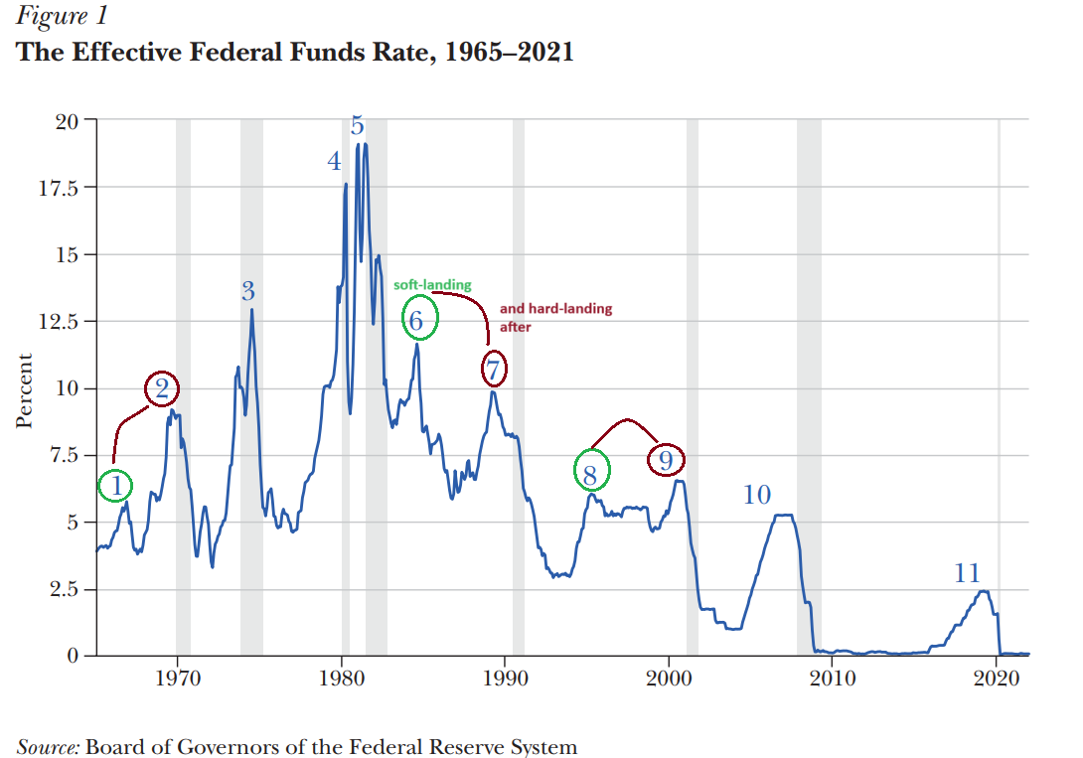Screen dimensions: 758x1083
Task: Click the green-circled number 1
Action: (116, 487)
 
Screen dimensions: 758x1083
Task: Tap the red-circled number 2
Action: (163, 389)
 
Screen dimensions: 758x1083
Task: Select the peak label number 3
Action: (248, 291)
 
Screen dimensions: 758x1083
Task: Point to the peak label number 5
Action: (357, 126)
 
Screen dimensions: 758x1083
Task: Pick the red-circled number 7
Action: (493, 371)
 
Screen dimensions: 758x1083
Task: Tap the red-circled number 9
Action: (667, 460)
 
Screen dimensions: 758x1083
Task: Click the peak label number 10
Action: (757, 494)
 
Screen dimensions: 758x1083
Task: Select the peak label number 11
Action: (967, 573)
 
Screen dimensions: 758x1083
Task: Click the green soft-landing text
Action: (433, 285)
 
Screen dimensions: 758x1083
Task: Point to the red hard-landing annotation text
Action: (555, 316)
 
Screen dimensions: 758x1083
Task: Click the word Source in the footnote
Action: (48, 745)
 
